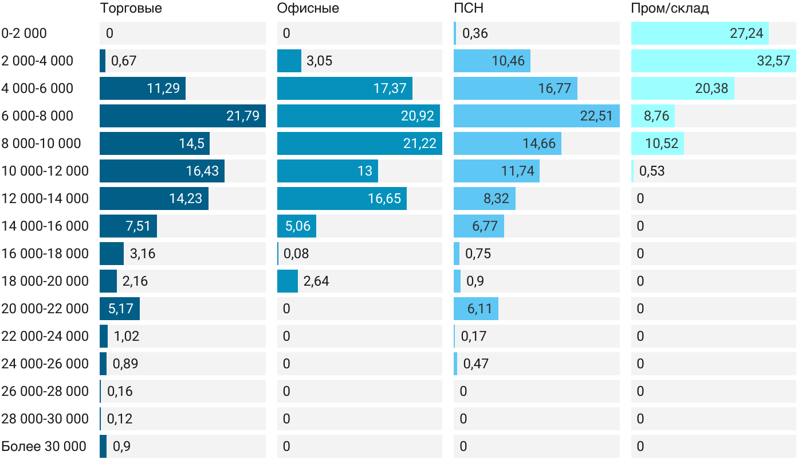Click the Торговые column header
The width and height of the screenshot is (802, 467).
pos(131,9)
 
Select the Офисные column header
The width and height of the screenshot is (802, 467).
pos(308,9)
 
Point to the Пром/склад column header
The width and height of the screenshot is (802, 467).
pos(670,9)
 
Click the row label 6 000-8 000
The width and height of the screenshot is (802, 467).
pos(37,116)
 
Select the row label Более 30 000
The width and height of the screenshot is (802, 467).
pos(44,446)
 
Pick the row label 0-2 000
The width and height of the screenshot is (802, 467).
pos(24,33)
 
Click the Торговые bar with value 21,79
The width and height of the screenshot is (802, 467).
pos(182,116)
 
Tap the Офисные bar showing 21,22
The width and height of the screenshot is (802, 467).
pos(359,143)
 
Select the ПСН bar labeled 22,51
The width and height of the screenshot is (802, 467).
pos(536,116)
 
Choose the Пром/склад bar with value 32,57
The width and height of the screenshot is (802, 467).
pos(714,61)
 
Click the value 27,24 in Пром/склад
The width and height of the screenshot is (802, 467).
pos(746,33)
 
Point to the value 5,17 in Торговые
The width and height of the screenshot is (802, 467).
pos(120,309)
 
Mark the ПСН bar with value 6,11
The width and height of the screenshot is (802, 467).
pos(475,309)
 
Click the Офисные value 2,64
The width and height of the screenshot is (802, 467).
pos(316,281)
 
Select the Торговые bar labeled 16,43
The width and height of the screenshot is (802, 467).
pos(162,171)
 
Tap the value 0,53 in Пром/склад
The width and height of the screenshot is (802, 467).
pos(651,171)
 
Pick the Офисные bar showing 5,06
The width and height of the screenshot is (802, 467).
pos(296,226)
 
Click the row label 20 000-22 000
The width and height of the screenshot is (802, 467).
pos(45,309)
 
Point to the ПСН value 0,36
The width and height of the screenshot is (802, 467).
pos(475,33)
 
